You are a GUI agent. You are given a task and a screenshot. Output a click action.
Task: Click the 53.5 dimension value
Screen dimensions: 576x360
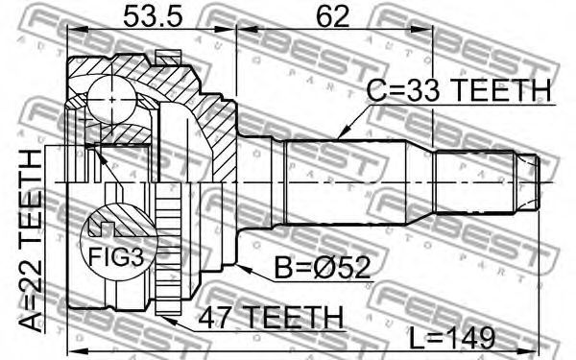153,16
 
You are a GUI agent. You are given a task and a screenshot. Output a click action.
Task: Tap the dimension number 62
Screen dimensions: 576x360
333,16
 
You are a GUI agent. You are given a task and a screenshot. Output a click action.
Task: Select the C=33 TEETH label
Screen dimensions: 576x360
459,90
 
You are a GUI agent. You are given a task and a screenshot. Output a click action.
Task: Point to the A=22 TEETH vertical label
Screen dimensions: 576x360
31,241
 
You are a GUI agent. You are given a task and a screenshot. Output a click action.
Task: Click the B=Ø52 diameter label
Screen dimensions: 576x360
323,268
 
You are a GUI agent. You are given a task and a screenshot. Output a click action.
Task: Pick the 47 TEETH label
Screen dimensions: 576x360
271,318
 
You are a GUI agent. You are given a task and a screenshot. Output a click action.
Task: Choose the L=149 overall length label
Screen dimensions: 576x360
452,338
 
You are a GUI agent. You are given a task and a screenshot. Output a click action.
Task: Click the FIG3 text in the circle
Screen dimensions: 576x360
116,256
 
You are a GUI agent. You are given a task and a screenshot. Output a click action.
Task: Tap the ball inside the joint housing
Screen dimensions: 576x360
112,99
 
